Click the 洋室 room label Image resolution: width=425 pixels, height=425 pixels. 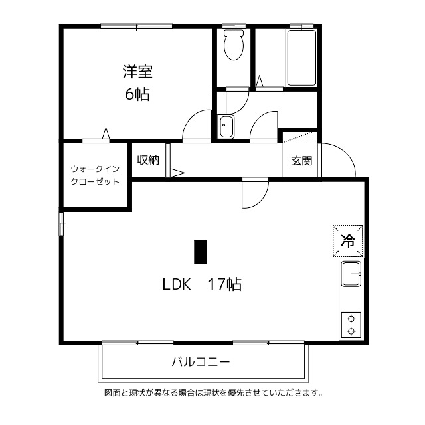pos(137,72)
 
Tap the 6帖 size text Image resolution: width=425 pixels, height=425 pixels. pos(137,94)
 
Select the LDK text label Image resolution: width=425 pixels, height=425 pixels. pos(177,285)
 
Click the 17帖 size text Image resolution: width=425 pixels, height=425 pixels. pos(224,285)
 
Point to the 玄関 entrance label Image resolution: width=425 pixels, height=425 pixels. pos(301,161)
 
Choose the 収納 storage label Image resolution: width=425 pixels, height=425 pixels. pos(148,160)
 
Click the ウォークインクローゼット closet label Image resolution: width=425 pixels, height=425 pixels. pos(95,175)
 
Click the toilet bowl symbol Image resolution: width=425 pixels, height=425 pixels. pos(233,46)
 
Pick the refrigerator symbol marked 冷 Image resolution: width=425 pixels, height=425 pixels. pos(348,241)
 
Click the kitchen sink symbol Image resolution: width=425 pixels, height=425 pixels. pos(351,274)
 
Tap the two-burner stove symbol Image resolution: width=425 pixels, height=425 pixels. pos(351,325)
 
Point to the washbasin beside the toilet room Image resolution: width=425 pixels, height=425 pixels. pos(226,126)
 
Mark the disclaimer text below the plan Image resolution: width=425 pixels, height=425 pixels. pos(213,392)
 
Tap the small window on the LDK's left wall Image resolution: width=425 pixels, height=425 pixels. pos(61,223)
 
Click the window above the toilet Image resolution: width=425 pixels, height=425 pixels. pos(233,27)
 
